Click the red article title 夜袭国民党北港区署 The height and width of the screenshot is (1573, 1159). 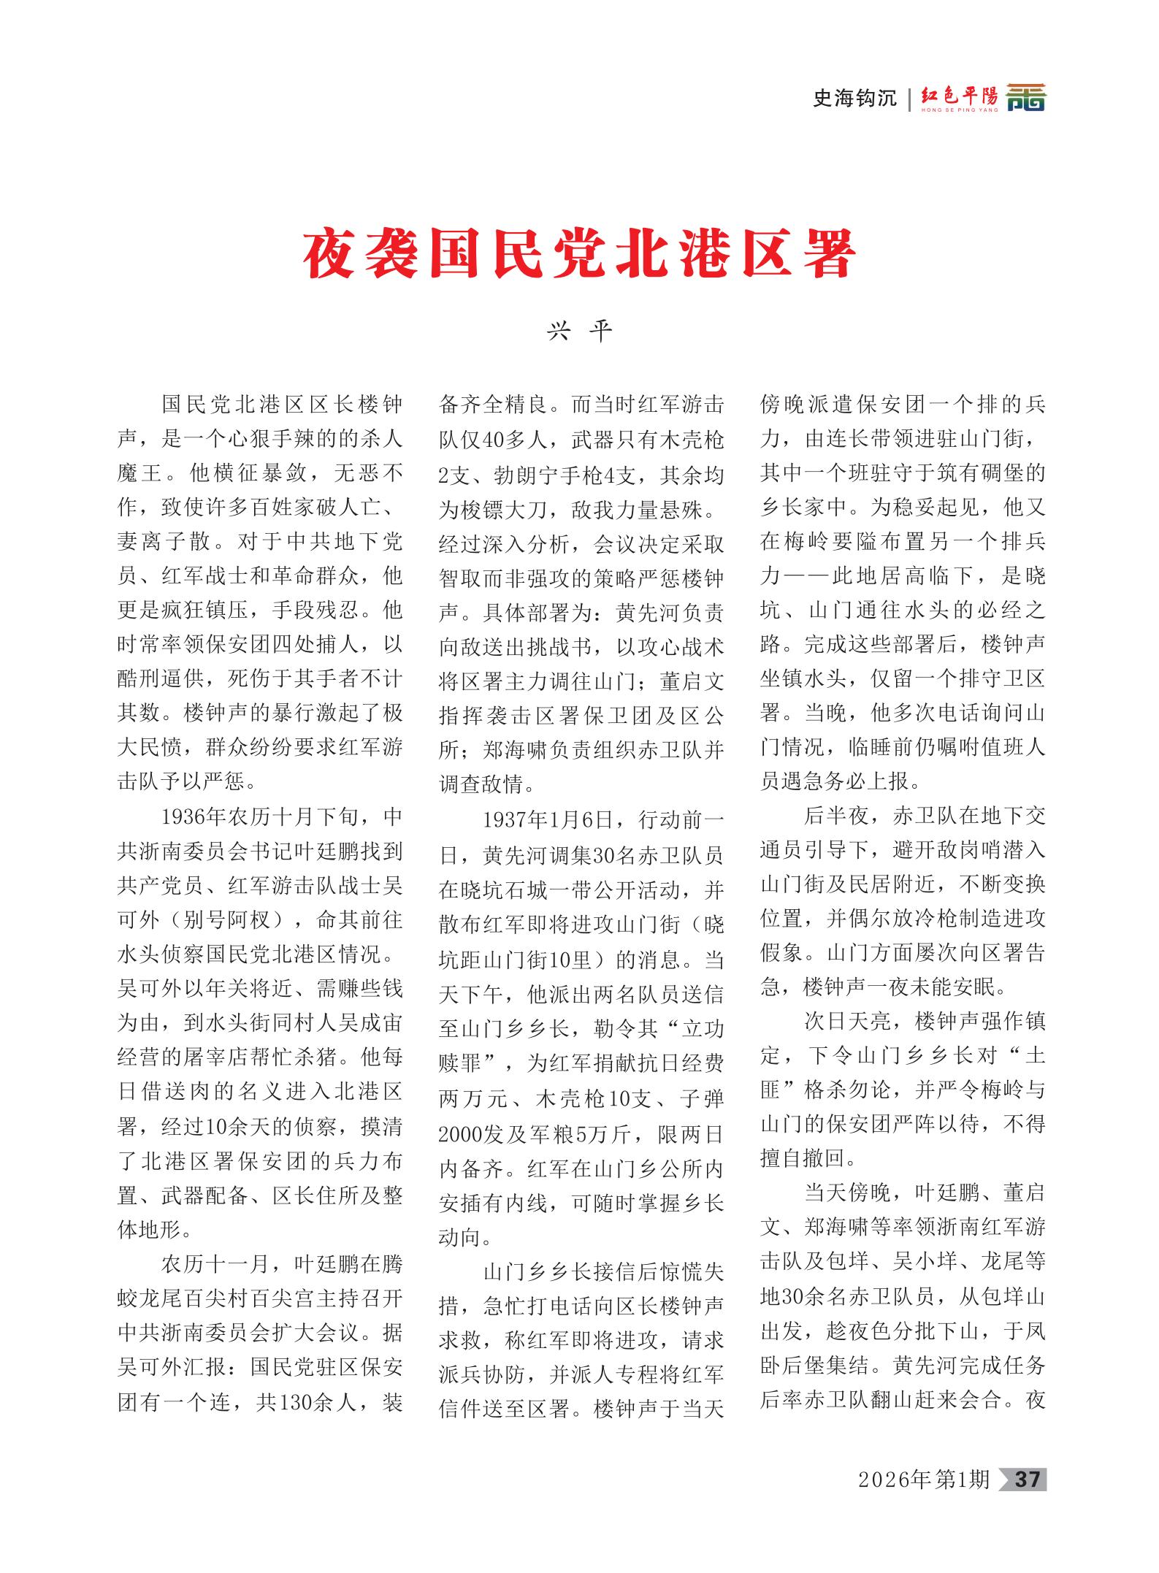(579, 253)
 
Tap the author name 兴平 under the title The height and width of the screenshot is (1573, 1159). (579, 332)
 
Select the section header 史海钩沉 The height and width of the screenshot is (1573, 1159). (854, 98)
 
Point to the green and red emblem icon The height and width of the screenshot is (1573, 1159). (1026, 97)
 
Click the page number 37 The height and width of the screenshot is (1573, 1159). (1028, 1480)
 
